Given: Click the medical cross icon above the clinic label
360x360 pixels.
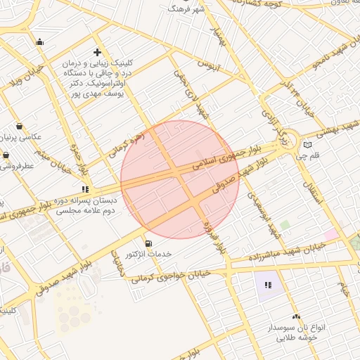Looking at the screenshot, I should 97,52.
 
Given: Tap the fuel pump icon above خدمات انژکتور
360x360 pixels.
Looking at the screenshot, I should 147,243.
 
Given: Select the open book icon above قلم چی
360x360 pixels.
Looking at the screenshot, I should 307,145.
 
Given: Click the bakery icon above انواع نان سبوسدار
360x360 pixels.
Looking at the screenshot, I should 295,317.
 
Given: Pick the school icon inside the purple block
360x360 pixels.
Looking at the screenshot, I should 267,285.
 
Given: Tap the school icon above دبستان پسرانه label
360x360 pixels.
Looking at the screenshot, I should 86,188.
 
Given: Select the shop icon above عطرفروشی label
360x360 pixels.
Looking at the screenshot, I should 6,155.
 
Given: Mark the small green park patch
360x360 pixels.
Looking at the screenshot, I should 285,225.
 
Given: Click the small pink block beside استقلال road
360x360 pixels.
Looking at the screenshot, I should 330,233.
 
